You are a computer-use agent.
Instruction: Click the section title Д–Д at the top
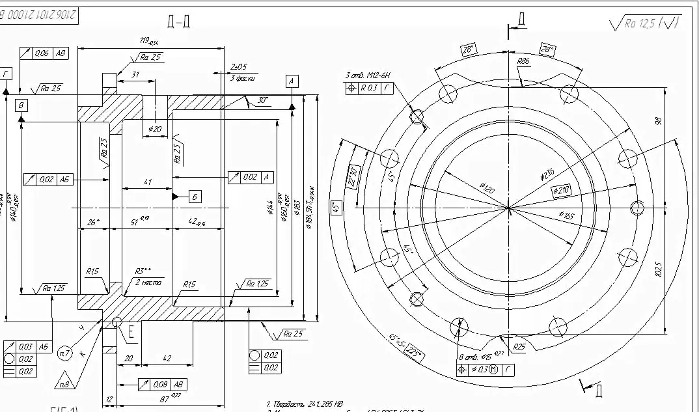(178, 22)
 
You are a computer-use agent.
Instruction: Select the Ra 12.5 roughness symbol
(644, 23)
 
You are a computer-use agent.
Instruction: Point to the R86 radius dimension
(523, 61)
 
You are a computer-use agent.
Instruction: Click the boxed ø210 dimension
(561, 190)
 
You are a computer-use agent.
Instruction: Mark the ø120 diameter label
(487, 188)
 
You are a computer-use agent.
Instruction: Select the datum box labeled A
(292, 81)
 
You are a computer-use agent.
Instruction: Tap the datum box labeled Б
(196, 196)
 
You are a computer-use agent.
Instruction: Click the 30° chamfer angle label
(263, 100)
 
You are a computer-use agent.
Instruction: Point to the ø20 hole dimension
(155, 129)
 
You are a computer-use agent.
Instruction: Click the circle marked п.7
(64, 353)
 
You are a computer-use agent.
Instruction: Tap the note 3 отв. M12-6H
(368, 76)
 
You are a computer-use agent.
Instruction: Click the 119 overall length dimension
(149, 41)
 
